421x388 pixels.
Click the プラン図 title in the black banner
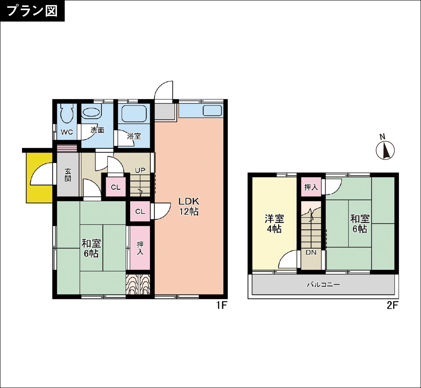click(32, 11)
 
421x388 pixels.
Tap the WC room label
click(66, 132)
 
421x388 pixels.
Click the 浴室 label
click(134, 136)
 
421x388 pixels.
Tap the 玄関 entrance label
click(68, 175)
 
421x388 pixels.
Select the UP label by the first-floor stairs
click(140, 170)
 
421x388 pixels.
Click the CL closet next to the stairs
click(116, 187)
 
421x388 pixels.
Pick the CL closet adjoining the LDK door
click(140, 212)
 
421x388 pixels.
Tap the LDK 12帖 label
click(189, 206)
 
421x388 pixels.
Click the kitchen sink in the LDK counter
click(212, 111)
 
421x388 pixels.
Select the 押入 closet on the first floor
click(140, 247)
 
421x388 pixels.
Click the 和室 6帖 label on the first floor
click(91, 248)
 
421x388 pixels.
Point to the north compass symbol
click(385, 150)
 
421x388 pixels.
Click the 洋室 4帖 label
click(274, 223)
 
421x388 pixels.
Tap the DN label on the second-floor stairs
click(311, 253)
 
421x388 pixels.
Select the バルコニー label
click(324, 284)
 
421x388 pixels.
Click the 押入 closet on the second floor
click(311, 187)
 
